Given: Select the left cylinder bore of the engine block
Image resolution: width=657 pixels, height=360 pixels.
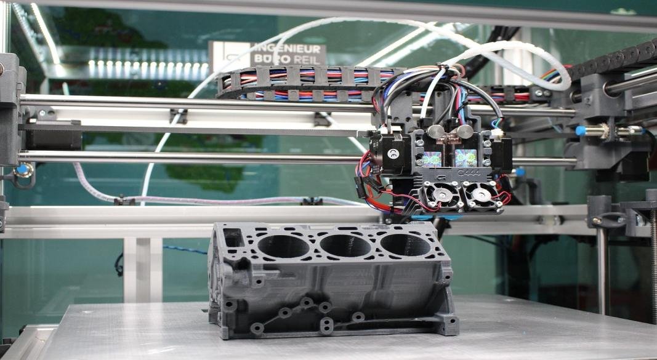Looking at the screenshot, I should coord(283,246).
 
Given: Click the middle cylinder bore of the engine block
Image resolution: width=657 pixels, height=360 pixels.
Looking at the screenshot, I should coord(345,246).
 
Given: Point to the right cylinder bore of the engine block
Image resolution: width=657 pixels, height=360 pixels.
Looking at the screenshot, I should coord(405,245).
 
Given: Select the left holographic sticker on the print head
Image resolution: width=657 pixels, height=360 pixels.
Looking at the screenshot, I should coord(432,158).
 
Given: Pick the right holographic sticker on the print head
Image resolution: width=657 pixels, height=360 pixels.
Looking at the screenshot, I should coord(466,158).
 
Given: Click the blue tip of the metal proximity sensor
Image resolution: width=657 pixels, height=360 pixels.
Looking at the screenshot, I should coord(579,130).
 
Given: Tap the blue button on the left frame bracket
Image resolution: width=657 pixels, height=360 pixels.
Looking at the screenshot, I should coord(23,169).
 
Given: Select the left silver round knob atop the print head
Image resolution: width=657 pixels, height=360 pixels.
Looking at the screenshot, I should coord(435,131).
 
